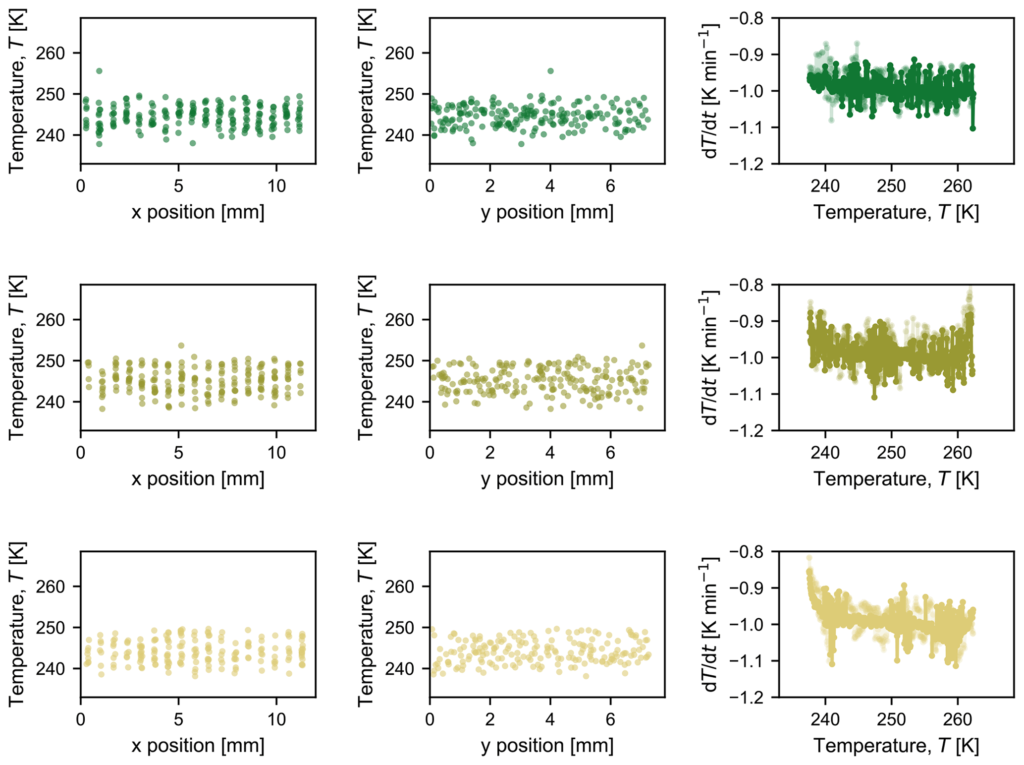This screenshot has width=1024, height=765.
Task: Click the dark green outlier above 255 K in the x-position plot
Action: (x=99, y=71)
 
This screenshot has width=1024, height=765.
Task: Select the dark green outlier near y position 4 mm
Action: (x=550, y=71)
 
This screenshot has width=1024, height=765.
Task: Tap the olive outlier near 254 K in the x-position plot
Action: (x=181, y=346)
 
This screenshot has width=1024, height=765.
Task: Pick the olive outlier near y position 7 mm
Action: (x=642, y=346)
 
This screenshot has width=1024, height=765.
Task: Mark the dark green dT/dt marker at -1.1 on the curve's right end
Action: (x=972, y=128)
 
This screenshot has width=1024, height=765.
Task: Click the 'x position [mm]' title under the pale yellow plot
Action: (x=198, y=746)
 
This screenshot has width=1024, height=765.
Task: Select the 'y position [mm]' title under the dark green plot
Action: (x=547, y=212)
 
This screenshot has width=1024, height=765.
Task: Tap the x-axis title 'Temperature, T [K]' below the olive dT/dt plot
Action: (x=896, y=479)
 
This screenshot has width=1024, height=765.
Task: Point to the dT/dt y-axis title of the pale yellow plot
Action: (x=710, y=624)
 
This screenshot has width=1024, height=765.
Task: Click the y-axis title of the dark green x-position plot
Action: (x=17, y=91)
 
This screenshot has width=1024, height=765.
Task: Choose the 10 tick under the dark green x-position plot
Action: (x=276, y=186)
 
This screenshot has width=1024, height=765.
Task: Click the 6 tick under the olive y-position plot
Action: (x=610, y=453)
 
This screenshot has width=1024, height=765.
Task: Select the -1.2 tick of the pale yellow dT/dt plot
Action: (x=746, y=697)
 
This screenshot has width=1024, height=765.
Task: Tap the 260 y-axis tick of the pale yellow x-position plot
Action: (x=51, y=587)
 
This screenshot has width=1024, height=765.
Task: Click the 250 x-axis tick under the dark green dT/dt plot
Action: (x=891, y=186)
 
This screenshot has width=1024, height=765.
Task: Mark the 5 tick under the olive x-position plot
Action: (x=178, y=453)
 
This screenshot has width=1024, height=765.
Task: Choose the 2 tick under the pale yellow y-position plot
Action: (x=490, y=719)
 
